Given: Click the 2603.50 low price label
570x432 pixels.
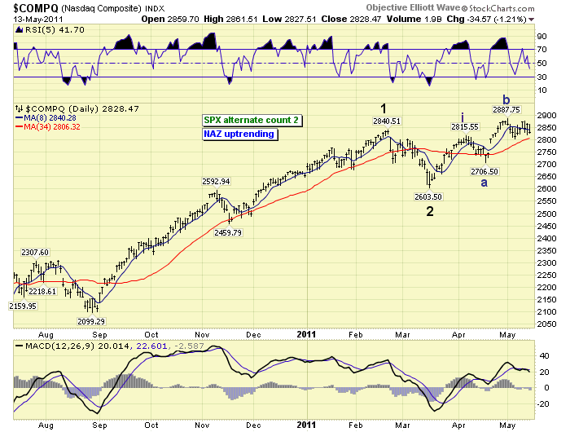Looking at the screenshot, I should point(427,196).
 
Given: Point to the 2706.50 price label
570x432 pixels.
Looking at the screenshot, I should point(484,171).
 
